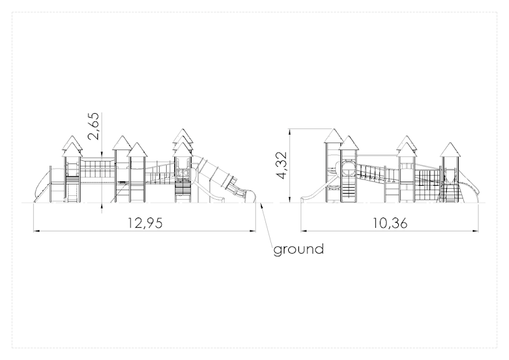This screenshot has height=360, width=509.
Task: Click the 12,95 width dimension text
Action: click(145, 223)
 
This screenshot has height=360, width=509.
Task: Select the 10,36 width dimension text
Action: click(389, 223)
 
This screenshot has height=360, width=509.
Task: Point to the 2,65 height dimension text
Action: click(94, 126)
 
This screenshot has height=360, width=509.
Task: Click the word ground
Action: click(298, 249)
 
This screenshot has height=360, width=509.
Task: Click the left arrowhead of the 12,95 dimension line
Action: click(36, 231)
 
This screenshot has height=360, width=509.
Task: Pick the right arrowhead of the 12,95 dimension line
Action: click(253, 231)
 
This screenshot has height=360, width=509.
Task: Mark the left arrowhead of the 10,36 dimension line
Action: click(303, 231)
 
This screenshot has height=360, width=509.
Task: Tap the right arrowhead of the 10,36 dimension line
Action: click(475, 231)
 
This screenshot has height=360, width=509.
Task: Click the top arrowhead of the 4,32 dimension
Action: click(289, 132)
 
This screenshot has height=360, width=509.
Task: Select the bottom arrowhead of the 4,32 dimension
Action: click(289, 199)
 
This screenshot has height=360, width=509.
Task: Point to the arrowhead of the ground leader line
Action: click(261, 205)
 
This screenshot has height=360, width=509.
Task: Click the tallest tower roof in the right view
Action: click(333, 135)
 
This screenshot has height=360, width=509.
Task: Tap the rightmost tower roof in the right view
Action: click(450, 149)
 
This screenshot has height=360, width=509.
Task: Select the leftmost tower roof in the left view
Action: click(72, 146)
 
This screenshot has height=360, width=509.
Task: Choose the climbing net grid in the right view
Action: click(428, 185)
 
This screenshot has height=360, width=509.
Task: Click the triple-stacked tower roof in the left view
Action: click(183, 142)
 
